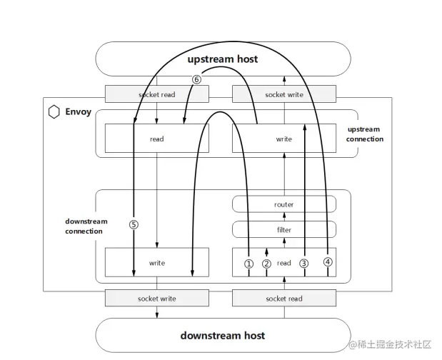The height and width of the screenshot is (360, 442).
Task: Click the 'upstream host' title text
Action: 222,59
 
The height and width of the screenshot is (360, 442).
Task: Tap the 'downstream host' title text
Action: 222,335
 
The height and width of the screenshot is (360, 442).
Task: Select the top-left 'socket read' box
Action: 156,94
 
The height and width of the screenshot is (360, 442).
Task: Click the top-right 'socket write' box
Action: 283,94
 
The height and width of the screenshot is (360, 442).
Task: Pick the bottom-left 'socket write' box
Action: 156,298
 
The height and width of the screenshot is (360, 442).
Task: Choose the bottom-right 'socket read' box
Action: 283,298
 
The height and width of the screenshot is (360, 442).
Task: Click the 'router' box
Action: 283,205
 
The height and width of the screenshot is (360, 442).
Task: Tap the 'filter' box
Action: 283,230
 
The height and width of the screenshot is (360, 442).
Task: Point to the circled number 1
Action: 248,263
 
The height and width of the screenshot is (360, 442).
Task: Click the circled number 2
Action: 266,263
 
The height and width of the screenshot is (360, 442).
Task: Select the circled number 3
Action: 304,263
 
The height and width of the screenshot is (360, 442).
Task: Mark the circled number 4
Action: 327,261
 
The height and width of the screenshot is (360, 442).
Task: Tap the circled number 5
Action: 134,224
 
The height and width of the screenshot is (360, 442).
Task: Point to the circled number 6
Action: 196,79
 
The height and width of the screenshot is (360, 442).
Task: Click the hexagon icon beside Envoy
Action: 54,111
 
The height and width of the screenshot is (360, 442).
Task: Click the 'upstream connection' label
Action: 364,134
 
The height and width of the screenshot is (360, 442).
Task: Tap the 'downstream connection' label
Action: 86,226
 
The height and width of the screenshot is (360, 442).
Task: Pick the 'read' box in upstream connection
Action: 156,139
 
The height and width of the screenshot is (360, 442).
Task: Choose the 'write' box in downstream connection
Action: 156,263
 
